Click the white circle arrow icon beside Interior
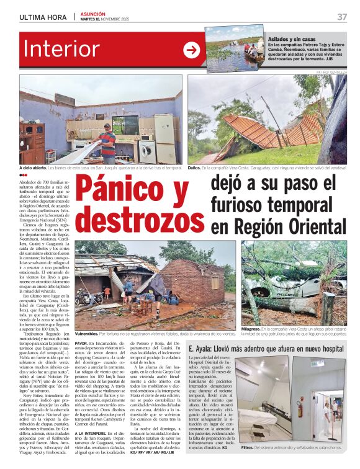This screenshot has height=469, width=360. (x=191, y=50)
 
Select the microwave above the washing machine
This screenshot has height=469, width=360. (x=147, y=137)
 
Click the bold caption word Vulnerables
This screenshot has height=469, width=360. (x=86, y=333)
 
